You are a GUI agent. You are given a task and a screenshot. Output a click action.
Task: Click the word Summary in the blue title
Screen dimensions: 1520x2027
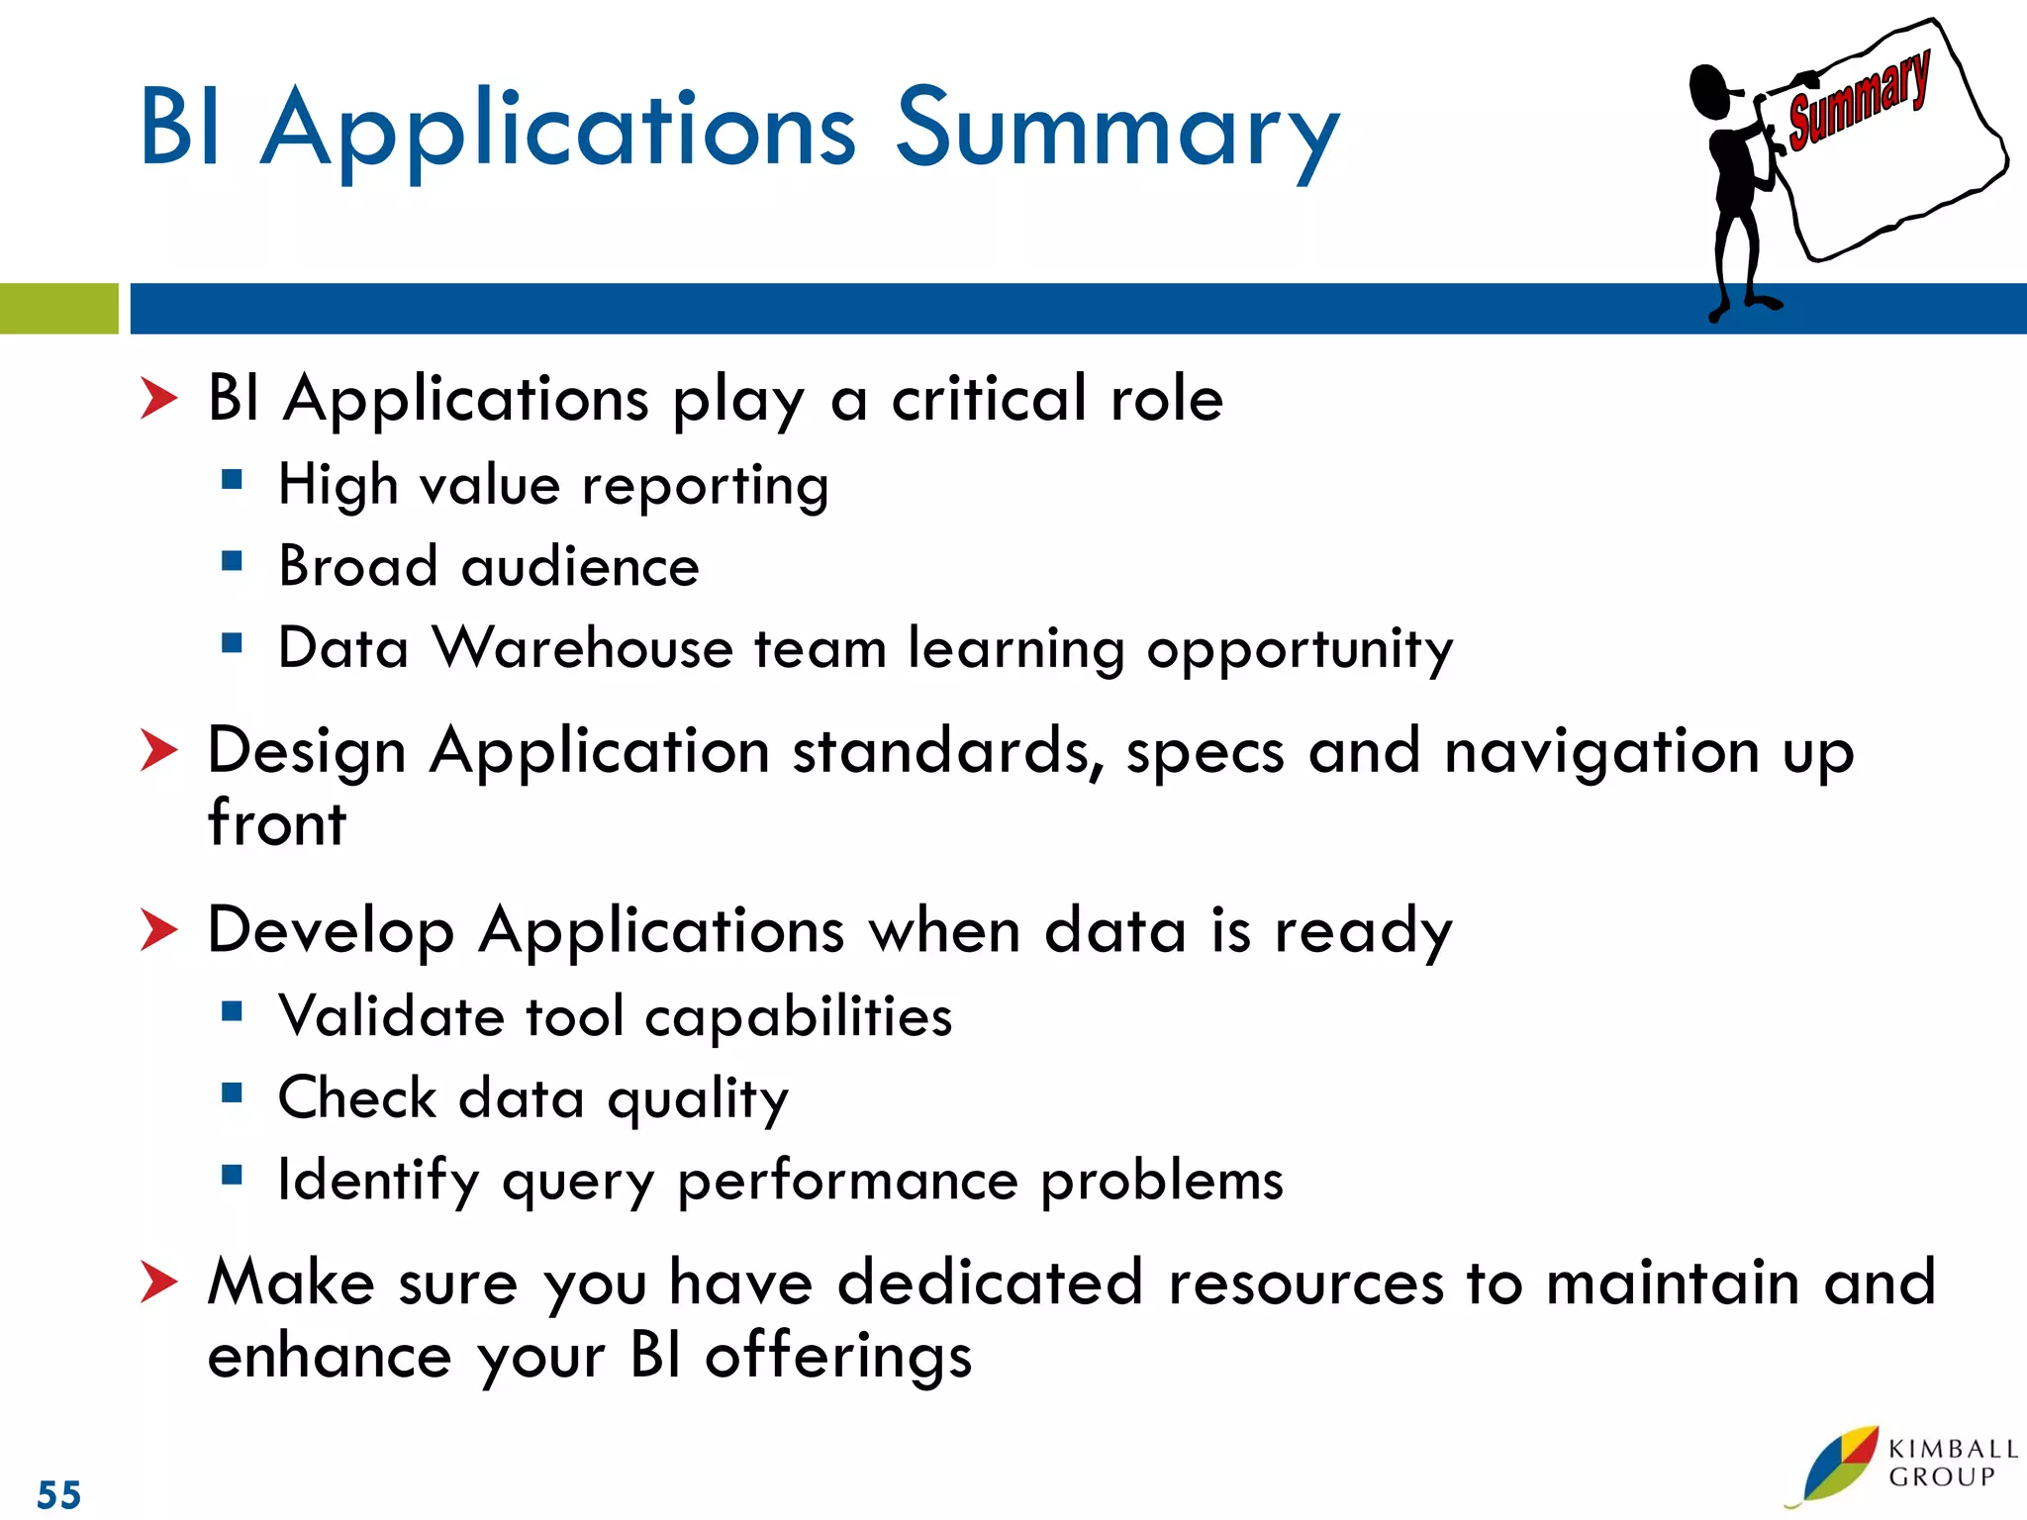pos(1116,129)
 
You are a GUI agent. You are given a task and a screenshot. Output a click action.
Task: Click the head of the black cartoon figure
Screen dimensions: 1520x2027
pos(1710,91)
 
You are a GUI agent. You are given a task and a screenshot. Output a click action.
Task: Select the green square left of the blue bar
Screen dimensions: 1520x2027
pos(58,309)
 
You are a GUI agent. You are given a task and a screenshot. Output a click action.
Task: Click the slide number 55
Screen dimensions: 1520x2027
pos(59,1494)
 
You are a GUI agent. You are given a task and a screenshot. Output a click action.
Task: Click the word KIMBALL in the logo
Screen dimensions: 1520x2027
pos(1952,1449)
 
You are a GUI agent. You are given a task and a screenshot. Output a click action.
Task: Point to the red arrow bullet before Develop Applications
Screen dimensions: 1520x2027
pos(158,930)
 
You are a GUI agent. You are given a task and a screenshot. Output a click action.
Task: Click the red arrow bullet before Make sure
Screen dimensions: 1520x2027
pos(158,1282)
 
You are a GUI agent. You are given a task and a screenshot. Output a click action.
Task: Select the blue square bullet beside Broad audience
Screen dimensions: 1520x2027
pos(233,562)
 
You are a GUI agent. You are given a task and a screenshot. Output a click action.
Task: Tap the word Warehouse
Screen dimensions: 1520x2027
pos(582,648)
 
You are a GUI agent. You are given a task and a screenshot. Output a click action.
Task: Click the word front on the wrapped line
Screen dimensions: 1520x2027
pos(277,823)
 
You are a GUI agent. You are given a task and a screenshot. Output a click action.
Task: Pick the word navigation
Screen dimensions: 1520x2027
pos(1600,752)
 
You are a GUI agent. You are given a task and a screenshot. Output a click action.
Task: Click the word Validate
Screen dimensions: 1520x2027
pos(391,1016)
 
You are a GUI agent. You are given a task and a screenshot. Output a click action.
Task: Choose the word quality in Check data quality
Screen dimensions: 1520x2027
pos(697,1099)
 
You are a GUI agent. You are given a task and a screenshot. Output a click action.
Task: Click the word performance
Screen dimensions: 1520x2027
pos(847,1181)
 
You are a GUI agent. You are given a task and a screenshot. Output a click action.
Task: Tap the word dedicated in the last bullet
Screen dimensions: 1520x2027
pos(990,1282)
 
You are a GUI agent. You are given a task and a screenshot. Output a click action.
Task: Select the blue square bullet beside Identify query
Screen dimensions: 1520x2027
pos(233,1176)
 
